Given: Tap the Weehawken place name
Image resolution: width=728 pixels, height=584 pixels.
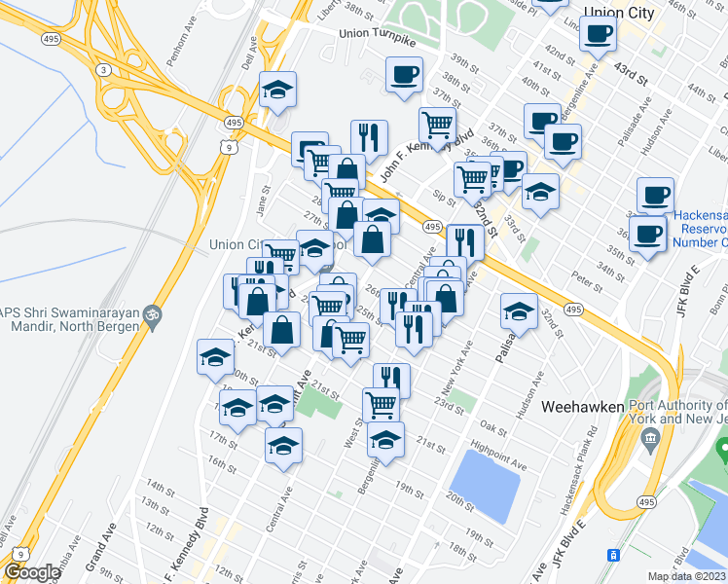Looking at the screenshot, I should coord(579,406).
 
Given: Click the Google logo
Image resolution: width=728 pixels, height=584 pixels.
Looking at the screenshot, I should coord(31,571).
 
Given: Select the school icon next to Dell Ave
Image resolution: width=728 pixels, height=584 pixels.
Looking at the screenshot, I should coord(278,91).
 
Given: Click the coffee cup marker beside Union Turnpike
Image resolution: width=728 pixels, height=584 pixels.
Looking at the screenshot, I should coord(404,74).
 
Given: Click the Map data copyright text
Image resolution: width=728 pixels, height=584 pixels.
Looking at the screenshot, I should coord(686,576).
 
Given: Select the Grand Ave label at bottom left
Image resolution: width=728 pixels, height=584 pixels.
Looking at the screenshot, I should coord(95,552).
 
